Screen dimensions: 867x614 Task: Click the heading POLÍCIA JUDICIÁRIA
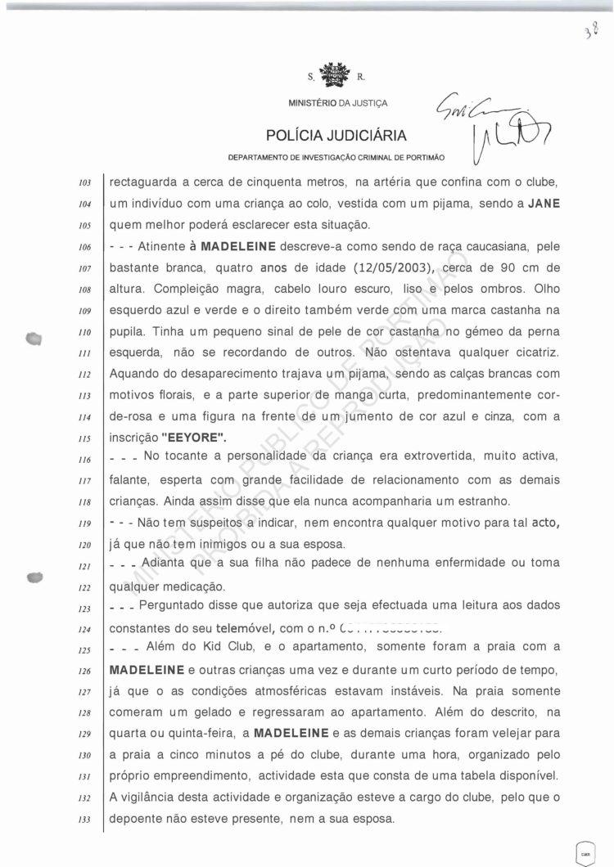click(x=336, y=135)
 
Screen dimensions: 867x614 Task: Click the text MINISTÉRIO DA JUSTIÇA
click(x=338, y=104)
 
